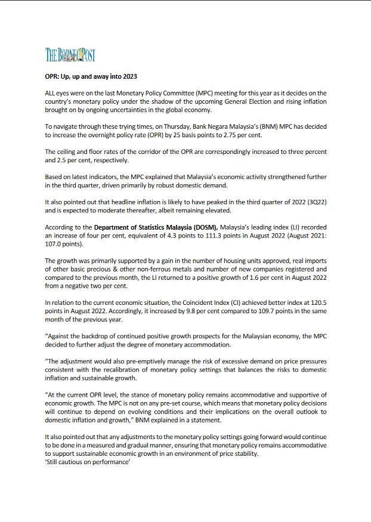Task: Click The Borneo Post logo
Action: (70, 56)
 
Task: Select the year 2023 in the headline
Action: (129, 77)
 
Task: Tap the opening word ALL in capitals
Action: (52, 94)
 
